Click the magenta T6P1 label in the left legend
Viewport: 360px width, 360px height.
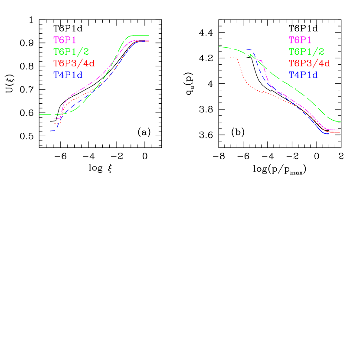click(x=65, y=40)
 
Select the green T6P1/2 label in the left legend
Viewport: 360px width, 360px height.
click(x=71, y=52)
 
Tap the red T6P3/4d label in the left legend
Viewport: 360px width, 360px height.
click(x=74, y=63)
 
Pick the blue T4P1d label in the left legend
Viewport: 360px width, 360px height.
click(x=68, y=75)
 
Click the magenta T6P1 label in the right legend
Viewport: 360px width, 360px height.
click(x=300, y=40)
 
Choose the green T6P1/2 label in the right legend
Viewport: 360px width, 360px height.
click(x=307, y=52)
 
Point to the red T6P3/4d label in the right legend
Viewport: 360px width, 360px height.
click(x=309, y=63)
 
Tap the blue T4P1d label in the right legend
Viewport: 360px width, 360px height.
click(x=303, y=75)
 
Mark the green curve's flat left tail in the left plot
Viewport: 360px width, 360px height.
click(x=46, y=115)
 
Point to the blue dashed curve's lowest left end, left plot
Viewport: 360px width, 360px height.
click(x=51, y=131)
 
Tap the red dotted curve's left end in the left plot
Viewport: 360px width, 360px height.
click(x=56, y=124)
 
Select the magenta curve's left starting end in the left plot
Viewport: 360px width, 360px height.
click(x=56, y=118)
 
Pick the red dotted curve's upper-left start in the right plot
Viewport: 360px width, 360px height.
click(x=231, y=57)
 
